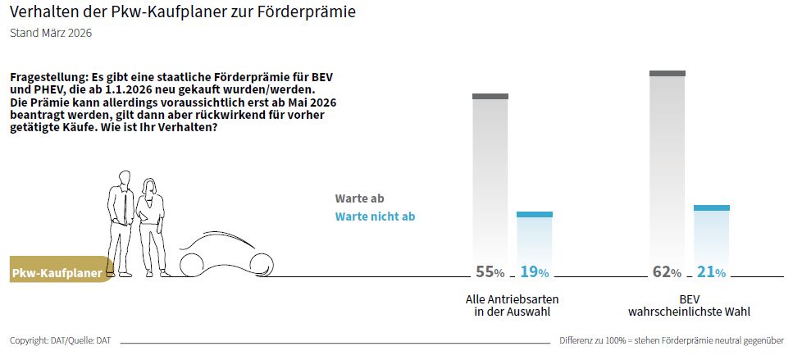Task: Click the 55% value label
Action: (490, 271)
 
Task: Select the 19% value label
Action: (534, 271)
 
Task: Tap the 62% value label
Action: (667, 271)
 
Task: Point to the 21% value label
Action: (711, 271)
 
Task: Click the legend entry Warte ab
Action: (359, 198)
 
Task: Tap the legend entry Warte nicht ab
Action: (375, 216)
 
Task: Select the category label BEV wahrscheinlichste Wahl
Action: (689, 305)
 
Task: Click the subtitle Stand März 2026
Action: (50, 34)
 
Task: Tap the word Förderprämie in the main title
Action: (312, 13)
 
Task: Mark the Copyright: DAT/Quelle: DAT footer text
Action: (60, 339)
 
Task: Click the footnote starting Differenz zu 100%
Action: (672, 339)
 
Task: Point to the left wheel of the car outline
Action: (193, 264)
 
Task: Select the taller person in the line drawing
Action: (121, 221)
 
